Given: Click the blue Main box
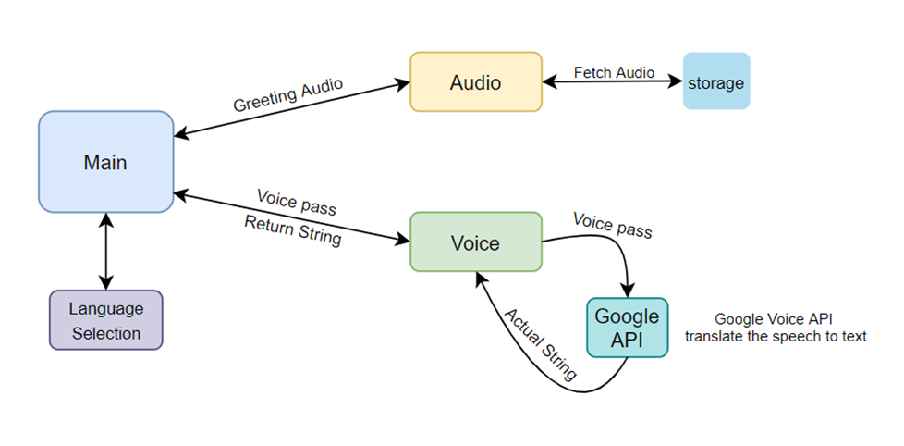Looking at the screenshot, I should point(105,162).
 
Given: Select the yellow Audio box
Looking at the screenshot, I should point(475,83).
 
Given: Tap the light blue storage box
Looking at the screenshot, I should point(715,83).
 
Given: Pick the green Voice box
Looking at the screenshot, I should point(475,242).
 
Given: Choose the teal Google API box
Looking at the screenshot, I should point(627,327).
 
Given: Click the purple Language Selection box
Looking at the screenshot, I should point(105,320).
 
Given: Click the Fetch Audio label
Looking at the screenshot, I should point(614,72).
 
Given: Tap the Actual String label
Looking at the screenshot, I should point(540,343).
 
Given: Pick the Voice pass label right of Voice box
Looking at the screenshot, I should point(612,225).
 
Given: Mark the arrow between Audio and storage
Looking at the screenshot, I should point(612,82).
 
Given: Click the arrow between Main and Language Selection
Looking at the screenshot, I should point(107,252).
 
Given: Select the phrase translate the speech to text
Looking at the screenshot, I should point(776,337).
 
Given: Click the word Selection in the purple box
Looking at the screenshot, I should point(106,333).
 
